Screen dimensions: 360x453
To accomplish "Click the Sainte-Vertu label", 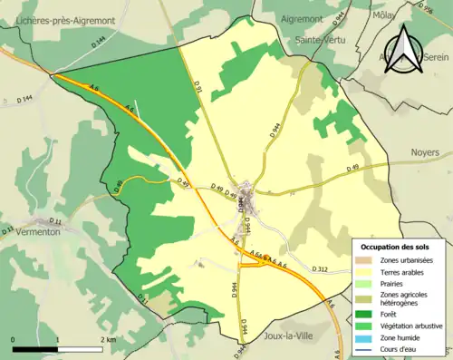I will coord(324,41).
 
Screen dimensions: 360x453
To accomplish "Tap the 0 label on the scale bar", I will coord(14,340).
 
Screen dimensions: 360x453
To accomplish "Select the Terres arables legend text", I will coord(400,271).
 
